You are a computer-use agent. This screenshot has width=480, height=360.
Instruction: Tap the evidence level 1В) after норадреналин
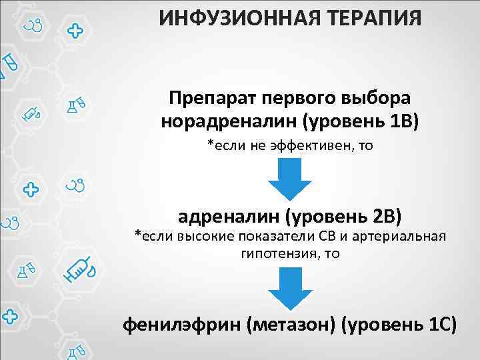point(401,123)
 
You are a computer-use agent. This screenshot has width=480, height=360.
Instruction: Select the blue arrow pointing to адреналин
point(290,180)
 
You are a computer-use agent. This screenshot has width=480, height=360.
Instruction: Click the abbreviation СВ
point(330,236)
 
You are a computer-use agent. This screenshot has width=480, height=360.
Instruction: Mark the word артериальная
point(401,236)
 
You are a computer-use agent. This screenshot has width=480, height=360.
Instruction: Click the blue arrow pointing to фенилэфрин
point(290,289)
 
